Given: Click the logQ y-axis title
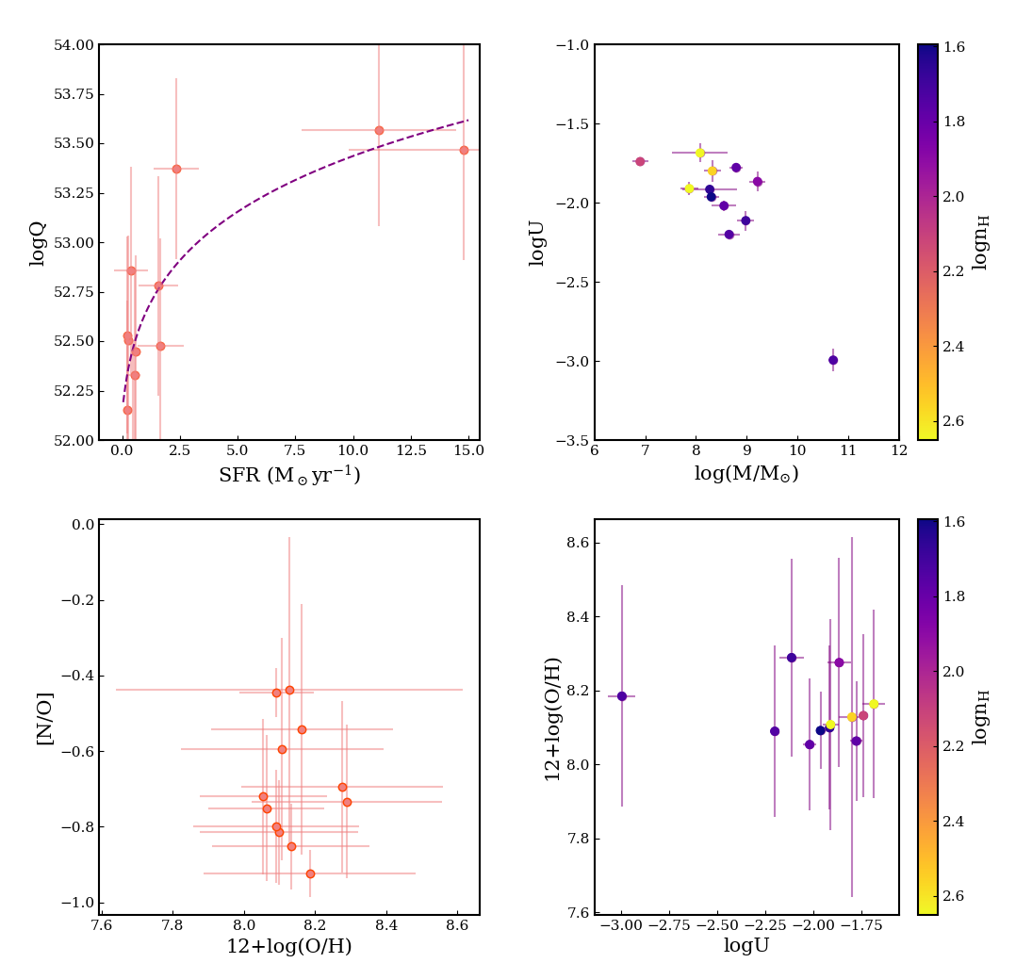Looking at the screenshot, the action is coord(37,243).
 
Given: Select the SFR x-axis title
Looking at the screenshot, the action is coord(289,474).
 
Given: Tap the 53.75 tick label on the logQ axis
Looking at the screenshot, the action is coord(74,94).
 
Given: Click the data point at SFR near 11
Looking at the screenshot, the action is coord(379,130).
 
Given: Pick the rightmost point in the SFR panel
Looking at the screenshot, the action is coord(464,150).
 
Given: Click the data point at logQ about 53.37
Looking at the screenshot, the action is coord(176,169).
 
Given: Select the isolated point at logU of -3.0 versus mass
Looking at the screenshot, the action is coord(833,360).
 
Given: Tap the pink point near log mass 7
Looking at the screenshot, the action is coord(640,161).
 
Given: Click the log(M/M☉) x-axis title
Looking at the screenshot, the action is coord(746,473).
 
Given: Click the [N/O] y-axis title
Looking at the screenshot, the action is coord(44,717).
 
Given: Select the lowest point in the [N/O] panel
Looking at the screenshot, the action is coord(311,873).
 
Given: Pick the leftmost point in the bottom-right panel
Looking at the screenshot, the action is coord(622,696).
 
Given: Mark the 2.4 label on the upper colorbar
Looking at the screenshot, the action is coord(954,346).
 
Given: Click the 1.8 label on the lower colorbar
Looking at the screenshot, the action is coord(954,596).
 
